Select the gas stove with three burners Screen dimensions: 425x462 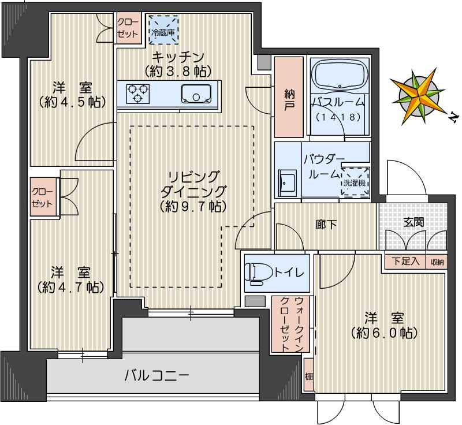138,94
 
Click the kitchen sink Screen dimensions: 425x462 197,94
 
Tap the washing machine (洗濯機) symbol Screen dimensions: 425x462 355,182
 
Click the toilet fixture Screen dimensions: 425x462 258,273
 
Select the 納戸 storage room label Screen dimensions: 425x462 289,99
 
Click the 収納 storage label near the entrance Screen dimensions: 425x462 437,262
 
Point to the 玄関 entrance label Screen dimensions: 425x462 413,222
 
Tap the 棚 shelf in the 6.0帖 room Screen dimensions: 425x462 308,376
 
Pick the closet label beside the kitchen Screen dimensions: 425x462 128,28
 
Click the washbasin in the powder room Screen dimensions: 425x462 286,184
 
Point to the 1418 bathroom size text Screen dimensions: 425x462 339,117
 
